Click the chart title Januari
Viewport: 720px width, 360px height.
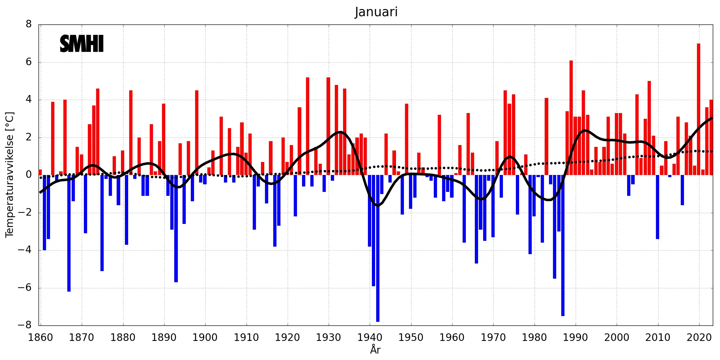click(x=376, y=12)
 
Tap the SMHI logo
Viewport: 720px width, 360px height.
click(x=82, y=44)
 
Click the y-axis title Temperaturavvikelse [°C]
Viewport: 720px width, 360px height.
click(x=10, y=175)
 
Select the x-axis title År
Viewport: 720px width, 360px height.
click(x=375, y=350)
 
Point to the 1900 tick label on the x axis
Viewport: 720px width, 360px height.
click(x=205, y=338)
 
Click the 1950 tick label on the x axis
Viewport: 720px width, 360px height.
click(x=411, y=338)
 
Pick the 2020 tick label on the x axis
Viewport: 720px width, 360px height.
click(x=699, y=338)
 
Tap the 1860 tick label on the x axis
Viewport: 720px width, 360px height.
click(x=40, y=338)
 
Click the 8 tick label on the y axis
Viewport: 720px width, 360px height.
click(x=29, y=24)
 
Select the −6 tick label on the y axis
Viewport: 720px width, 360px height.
click(x=25, y=288)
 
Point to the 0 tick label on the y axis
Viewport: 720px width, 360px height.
click(x=29, y=175)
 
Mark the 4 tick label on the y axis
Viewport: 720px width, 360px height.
click(x=29, y=100)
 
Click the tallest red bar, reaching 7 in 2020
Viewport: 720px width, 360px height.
click(x=698, y=108)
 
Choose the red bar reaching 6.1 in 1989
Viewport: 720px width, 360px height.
click(x=571, y=119)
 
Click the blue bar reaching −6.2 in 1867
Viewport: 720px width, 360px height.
click(x=69, y=234)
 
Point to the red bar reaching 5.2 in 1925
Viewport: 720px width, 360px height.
click(x=307, y=126)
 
